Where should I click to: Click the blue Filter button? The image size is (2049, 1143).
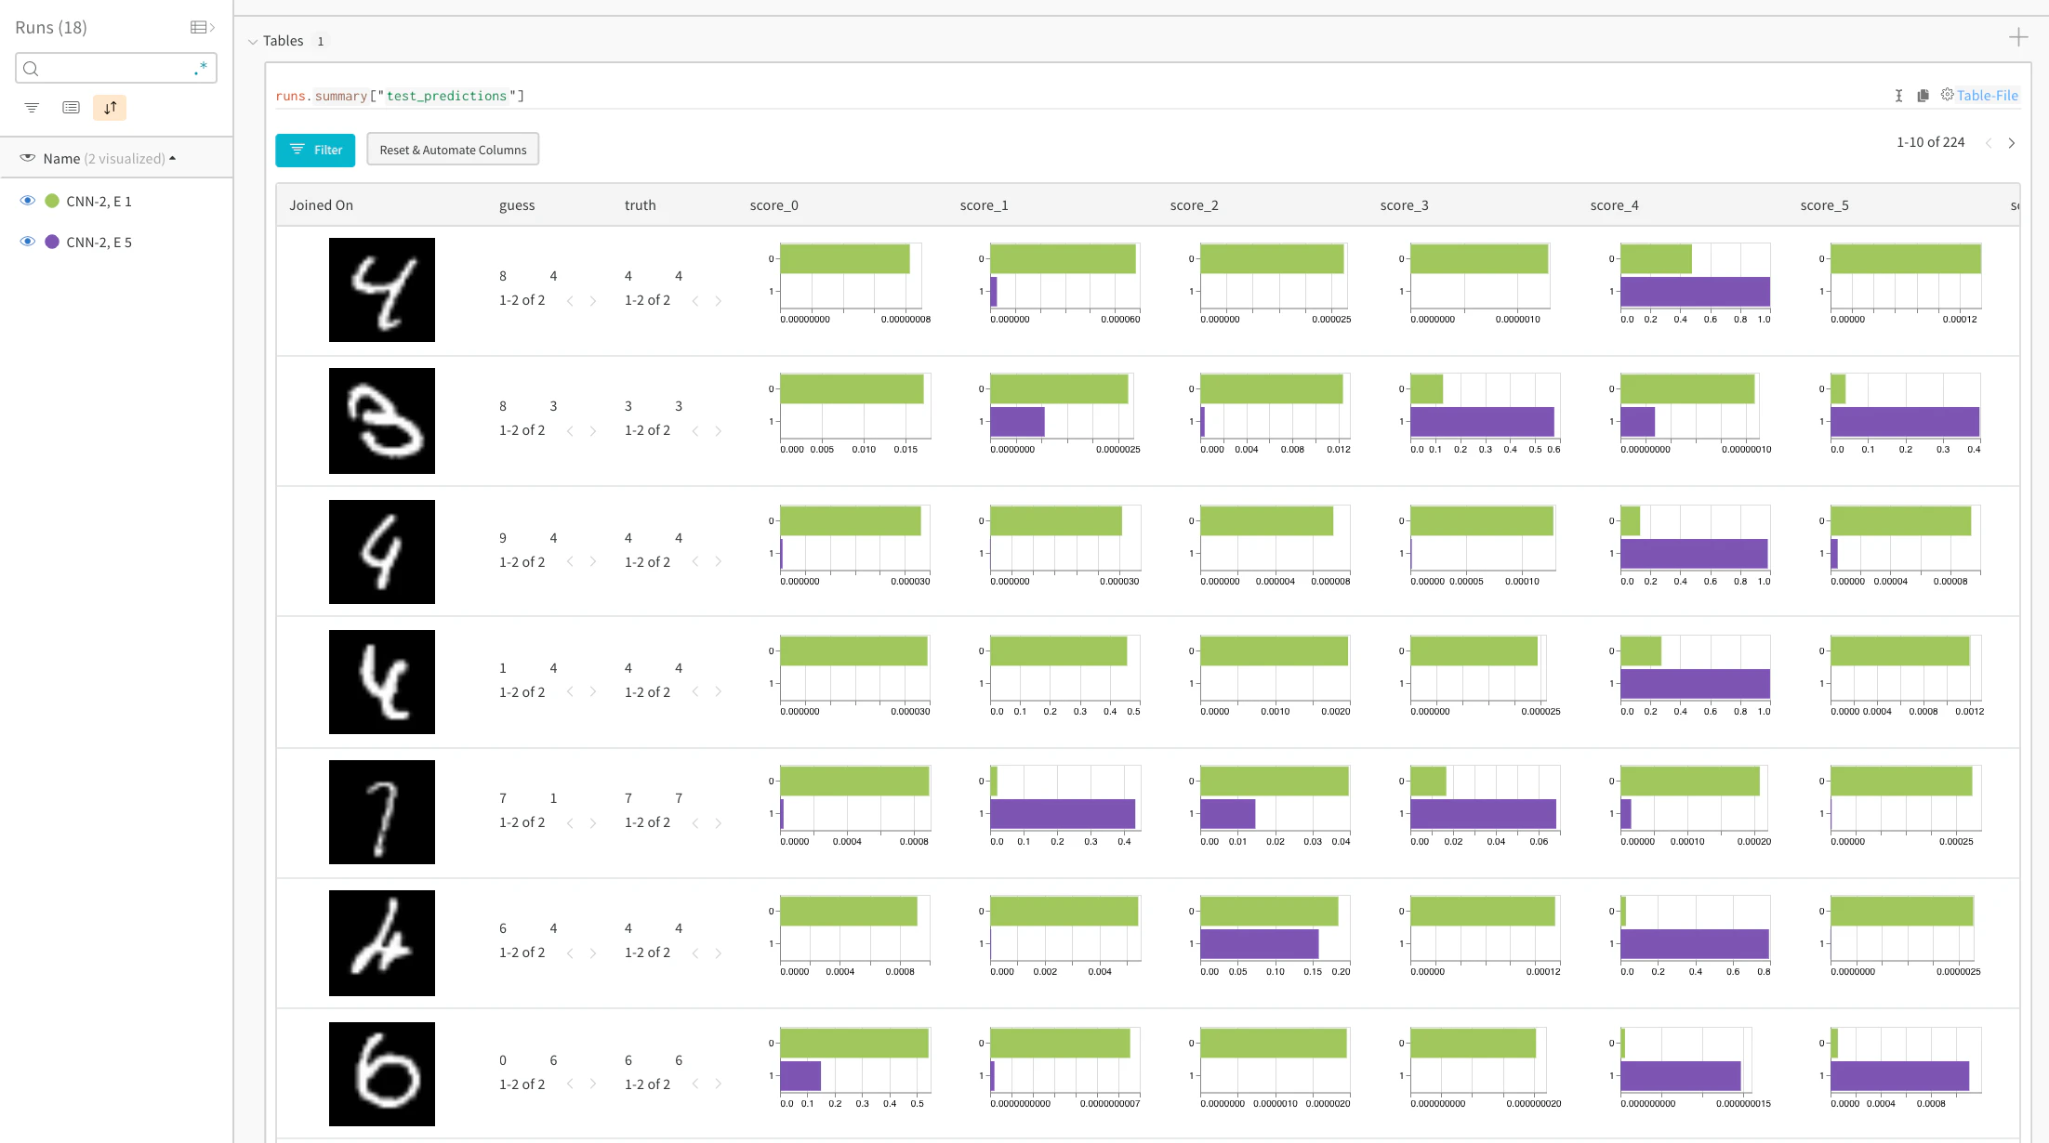315,150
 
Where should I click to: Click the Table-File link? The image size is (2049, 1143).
1987,95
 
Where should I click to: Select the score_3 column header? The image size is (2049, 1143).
1404,205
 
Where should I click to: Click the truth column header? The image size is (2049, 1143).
640,205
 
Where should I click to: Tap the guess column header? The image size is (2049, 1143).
517,205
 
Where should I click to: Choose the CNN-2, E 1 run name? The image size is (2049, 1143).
99,201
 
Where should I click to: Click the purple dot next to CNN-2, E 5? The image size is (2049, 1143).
52,242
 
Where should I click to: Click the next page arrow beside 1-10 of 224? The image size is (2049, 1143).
2012,143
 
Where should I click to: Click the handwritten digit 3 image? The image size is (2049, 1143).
382,421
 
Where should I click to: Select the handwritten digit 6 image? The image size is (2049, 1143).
382,1074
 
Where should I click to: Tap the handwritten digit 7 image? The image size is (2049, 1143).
382,812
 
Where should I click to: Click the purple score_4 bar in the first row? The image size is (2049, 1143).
1695,292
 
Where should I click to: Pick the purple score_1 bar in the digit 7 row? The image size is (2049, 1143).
1063,814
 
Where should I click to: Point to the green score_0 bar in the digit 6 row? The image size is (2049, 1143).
854,1043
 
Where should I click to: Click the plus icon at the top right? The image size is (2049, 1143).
2018,37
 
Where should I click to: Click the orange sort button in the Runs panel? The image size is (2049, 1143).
110,108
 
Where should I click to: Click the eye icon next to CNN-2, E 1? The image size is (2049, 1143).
28,201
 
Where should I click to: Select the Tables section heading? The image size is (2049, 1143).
283,41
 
